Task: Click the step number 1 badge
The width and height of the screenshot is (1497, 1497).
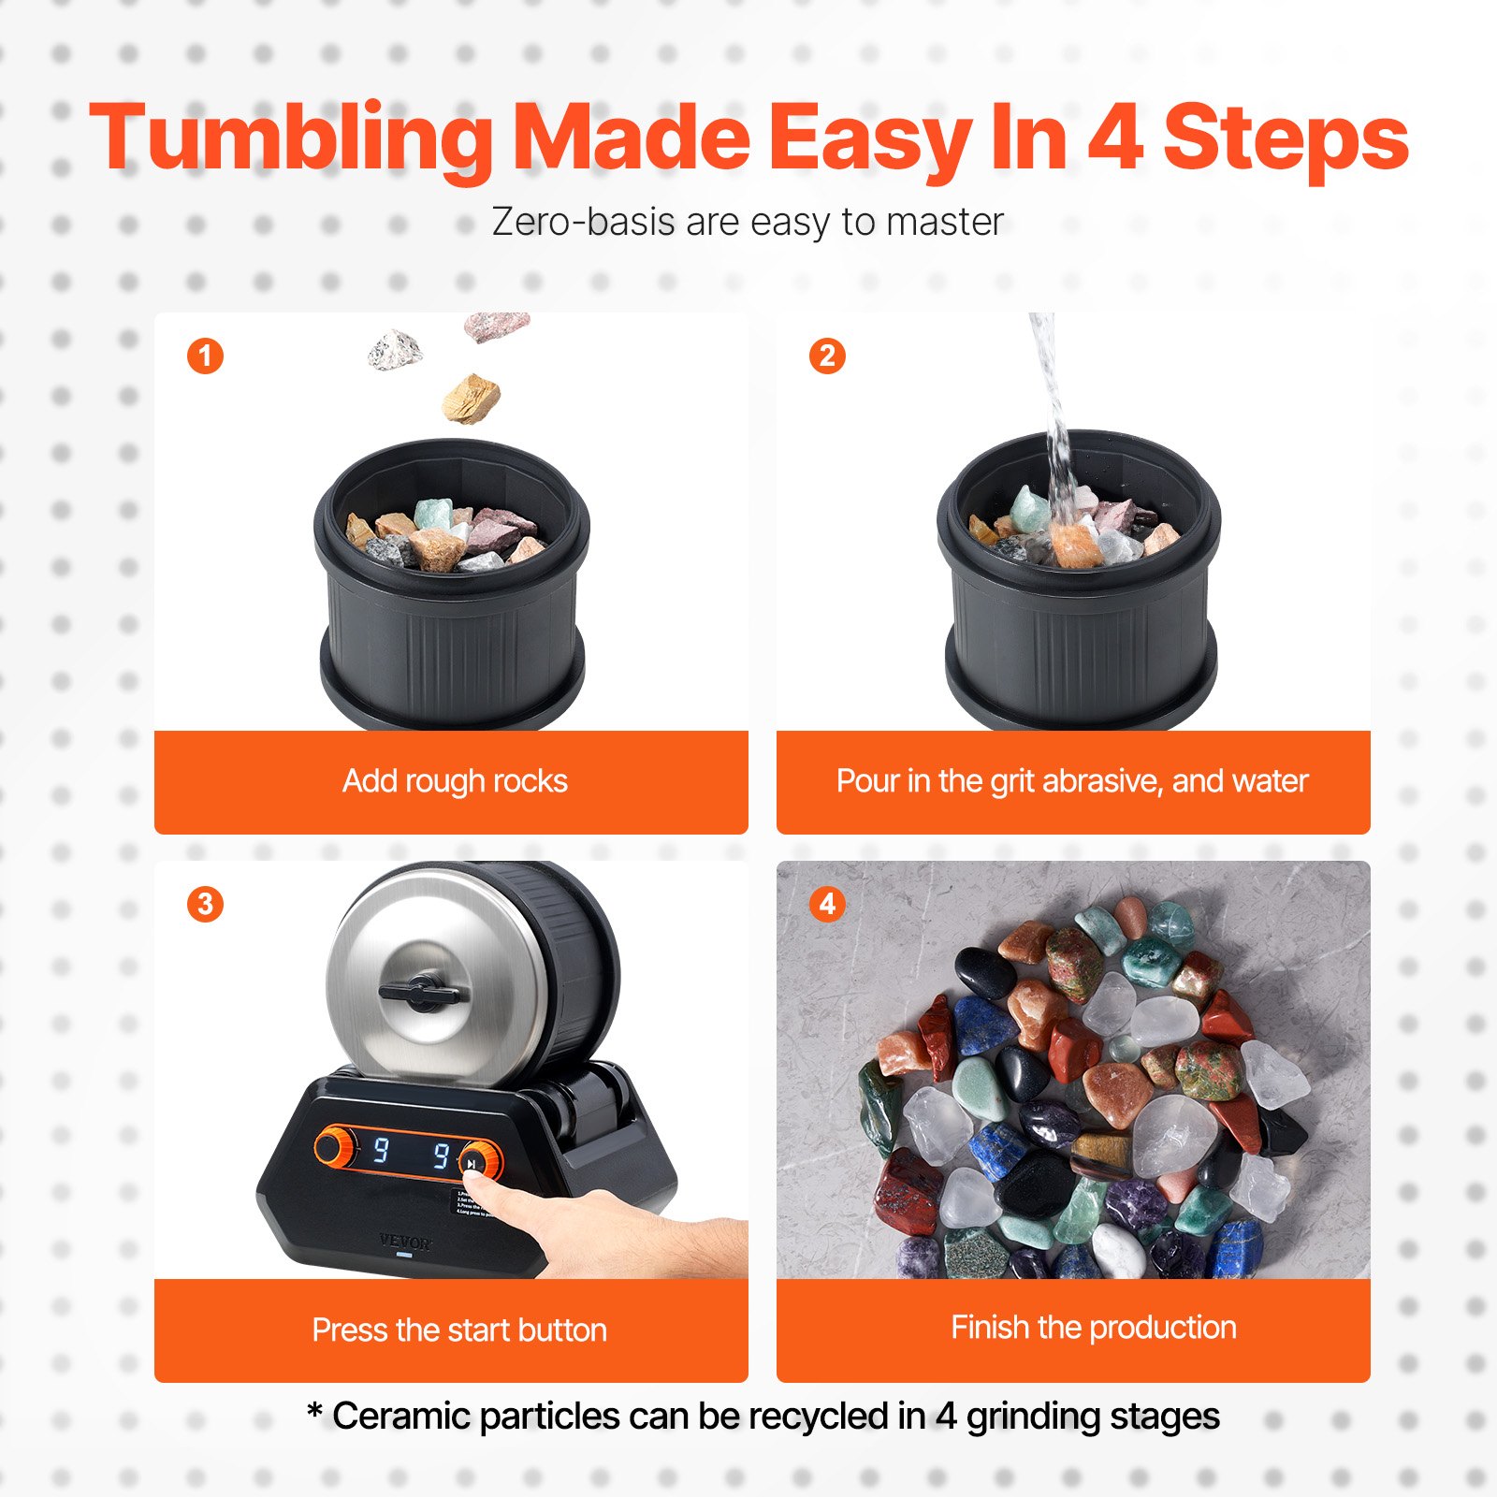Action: pyautogui.click(x=205, y=356)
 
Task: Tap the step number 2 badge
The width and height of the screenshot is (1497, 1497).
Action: pyautogui.click(x=827, y=356)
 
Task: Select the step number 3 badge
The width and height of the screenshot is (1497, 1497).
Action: pyautogui.click(x=205, y=904)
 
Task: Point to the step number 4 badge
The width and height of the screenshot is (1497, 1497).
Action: pyautogui.click(x=827, y=904)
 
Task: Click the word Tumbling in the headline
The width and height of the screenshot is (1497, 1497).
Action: pyautogui.click(x=290, y=138)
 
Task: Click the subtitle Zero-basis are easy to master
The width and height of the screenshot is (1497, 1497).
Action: pyautogui.click(x=748, y=223)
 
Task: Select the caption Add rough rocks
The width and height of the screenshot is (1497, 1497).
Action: pyautogui.click(x=455, y=780)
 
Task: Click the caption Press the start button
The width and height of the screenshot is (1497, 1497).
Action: pyautogui.click(x=458, y=1330)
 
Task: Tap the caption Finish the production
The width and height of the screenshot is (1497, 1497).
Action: pyautogui.click(x=1093, y=1327)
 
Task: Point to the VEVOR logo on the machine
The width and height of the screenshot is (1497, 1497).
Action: pyautogui.click(x=405, y=1243)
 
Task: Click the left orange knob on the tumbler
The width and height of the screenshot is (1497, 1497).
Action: pyautogui.click(x=334, y=1146)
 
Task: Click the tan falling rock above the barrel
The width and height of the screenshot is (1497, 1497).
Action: pyautogui.click(x=471, y=398)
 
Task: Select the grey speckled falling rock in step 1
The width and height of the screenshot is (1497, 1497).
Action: pyautogui.click(x=394, y=350)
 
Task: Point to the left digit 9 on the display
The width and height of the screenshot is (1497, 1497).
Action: pyautogui.click(x=381, y=1149)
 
